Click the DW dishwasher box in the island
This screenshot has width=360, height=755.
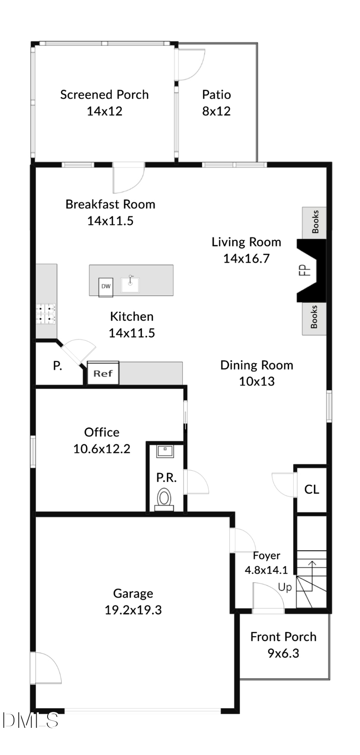[x=106, y=286]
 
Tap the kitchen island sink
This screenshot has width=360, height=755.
[x=130, y=284]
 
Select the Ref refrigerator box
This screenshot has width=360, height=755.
[x=103, y=373]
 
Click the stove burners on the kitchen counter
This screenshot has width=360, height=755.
[x=46, y=314]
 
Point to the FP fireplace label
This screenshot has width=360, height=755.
[x=305, y=270]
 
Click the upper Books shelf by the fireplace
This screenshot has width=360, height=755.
[x=315, y=222]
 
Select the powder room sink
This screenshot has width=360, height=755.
[x=165, y=451]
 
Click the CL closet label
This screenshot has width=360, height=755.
[x=312, y=489]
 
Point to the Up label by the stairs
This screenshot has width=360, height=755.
[x=285, y=587]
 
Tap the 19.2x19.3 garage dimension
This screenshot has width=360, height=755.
[x=133, y=610]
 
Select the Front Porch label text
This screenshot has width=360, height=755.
[x=283, y=637]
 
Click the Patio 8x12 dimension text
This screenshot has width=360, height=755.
[x=216, y=111]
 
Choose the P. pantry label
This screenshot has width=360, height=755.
[x=58, y=365]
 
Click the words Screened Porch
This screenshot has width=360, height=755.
[x=104, y=94]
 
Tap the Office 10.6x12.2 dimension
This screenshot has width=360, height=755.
[x=102, y=449]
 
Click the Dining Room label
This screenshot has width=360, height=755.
[x=256, y=365]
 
